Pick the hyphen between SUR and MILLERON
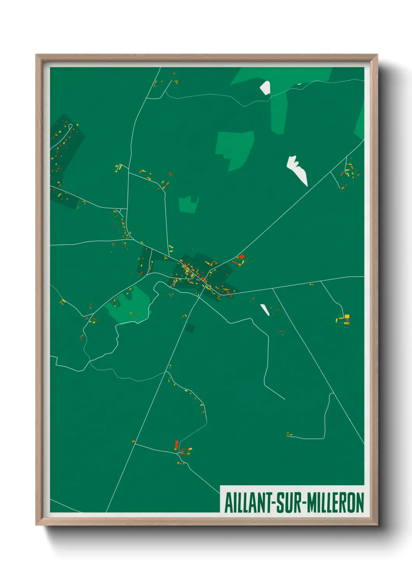pos(304,504)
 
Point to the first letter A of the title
pos(228,503)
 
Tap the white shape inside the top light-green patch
pos(265,88)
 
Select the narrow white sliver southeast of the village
pos(265,309)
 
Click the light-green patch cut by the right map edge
pos(360,123)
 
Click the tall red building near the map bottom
pos(176,445)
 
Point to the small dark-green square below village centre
pos(190,328)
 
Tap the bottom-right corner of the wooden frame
pos(377,525)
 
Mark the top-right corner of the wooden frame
pos(377,55)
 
